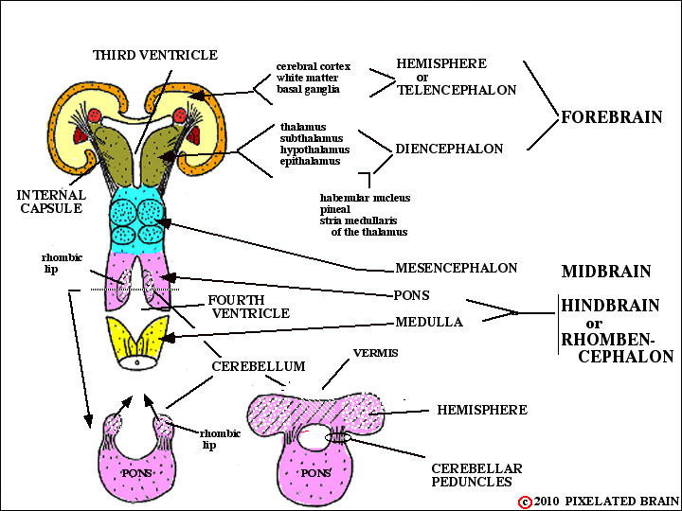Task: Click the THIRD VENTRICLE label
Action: [x=154, y=55]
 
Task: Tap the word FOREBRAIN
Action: [x=612, y=117]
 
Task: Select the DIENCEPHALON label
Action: [x=449, y=150]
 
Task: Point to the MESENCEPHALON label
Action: [x=456, y=268]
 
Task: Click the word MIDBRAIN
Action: [x=606, y=272]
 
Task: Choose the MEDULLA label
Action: [x=429, y=322]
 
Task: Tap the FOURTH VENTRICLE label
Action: [x=249, y=307]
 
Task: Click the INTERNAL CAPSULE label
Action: [x=51, y=202]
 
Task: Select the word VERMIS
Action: [x=376, y=353]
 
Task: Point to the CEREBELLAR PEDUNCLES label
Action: [x=476, y=475]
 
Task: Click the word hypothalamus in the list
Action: [x=314, y=150]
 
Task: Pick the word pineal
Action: [x=335, y=209]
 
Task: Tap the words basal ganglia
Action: [x=308, y=90]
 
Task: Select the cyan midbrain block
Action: [x=138, y=220]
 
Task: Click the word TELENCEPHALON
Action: [x=457, y=91]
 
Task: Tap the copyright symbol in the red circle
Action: [x=525, y=502]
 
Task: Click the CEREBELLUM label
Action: [x=259, y=366]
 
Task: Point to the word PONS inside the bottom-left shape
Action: [x=136, y=473]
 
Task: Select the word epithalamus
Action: [x=310, y=161]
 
